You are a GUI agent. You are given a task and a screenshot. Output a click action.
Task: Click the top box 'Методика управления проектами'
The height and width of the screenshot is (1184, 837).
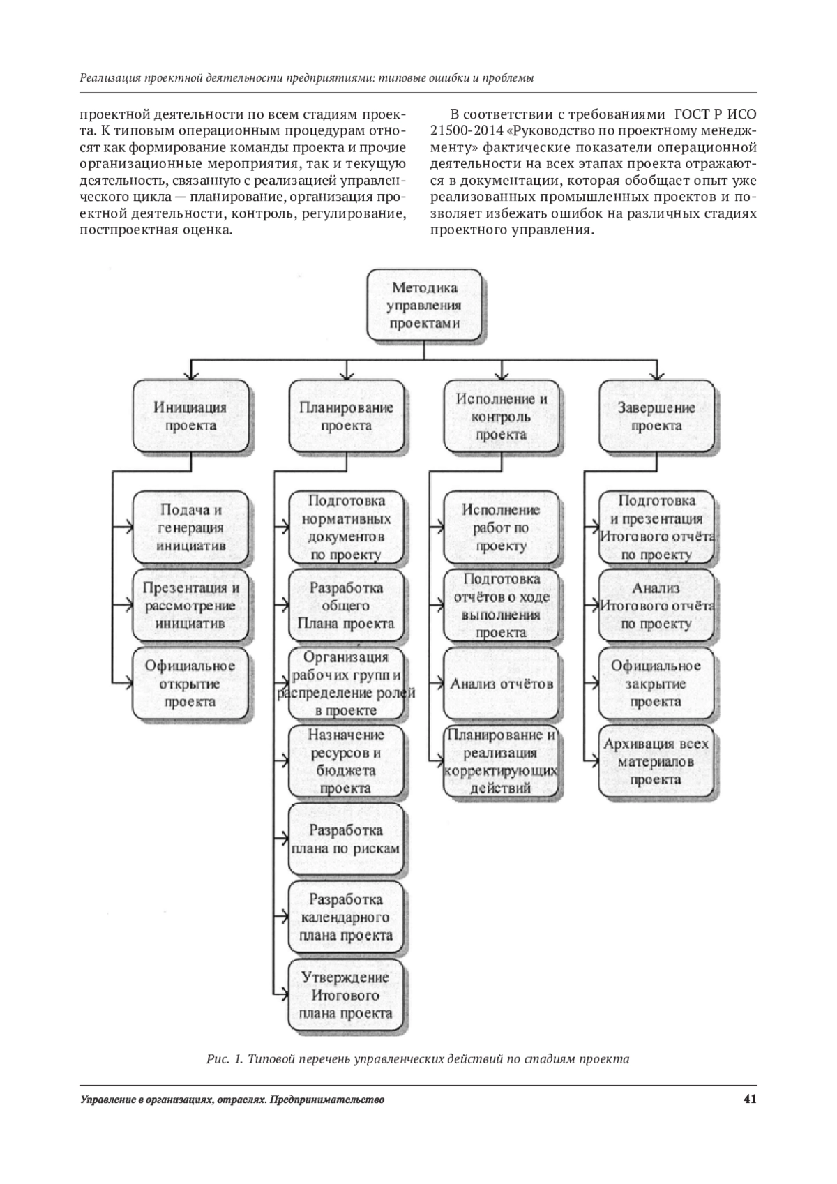click(424, 305)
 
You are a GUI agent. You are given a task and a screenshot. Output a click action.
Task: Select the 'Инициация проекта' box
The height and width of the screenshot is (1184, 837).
click(190, 416)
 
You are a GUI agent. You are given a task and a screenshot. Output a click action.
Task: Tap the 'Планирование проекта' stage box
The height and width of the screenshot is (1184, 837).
click(346, 416)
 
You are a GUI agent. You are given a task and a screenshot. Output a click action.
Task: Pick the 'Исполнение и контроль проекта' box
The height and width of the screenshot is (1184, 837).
click(501, 416)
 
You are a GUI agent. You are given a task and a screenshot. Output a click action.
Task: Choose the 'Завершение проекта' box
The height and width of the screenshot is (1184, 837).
click(656, 416)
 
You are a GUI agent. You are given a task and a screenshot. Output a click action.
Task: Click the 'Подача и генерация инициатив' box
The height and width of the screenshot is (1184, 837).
click(190, 527)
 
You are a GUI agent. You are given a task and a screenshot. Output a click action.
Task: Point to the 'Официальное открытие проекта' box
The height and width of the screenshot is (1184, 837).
click(190, 684)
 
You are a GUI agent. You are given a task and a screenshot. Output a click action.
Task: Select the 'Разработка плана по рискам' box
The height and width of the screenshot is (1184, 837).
click(346, 839)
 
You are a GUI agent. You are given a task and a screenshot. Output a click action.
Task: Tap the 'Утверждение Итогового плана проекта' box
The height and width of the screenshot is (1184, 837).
click(346, 995)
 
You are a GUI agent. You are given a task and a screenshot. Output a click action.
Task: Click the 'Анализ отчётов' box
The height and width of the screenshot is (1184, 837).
click(501, 684)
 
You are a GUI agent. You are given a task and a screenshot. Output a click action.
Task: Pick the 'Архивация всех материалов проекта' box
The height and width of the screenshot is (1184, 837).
click(656, 761)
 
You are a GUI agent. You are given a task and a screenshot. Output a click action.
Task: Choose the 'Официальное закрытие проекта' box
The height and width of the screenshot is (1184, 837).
click(656, 684)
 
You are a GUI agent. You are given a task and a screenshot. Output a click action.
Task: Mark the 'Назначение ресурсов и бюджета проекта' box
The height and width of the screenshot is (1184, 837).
click(346, 761)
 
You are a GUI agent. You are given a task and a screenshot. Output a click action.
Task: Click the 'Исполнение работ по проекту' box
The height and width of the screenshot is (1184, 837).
click(501, 527)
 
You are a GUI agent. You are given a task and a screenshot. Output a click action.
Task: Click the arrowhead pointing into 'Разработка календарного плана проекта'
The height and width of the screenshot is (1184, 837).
click(283, 917)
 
